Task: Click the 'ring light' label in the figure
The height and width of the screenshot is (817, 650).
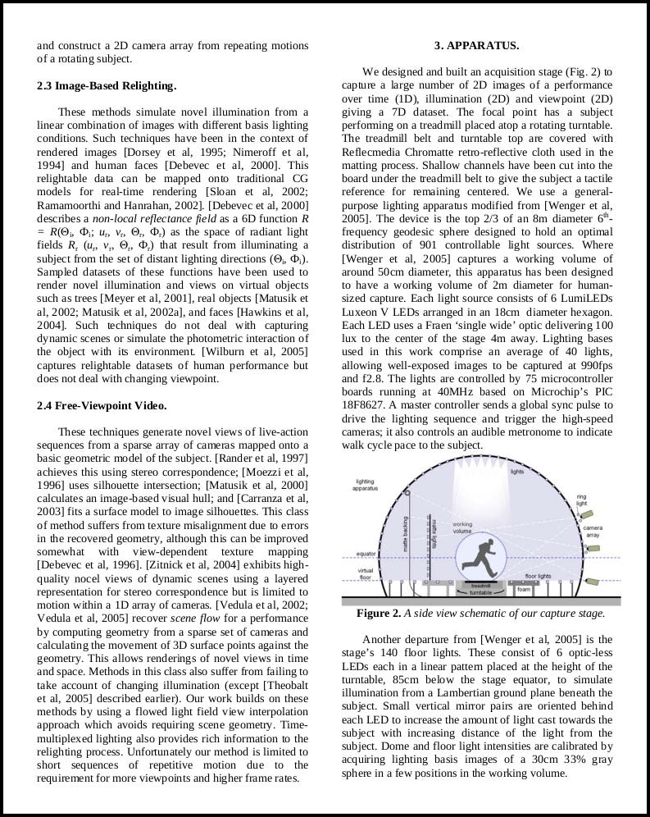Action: point(581,500)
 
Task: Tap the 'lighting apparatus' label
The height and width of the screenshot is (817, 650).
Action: point(366,485)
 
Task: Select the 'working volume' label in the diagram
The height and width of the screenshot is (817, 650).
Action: point(462,527)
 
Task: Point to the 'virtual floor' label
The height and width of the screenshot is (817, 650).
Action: point(366,573)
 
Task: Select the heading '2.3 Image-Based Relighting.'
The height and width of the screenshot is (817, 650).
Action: point(107,85)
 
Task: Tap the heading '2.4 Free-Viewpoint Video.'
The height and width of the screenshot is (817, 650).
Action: point(102,405)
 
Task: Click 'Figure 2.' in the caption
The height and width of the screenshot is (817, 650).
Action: point(379,614)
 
